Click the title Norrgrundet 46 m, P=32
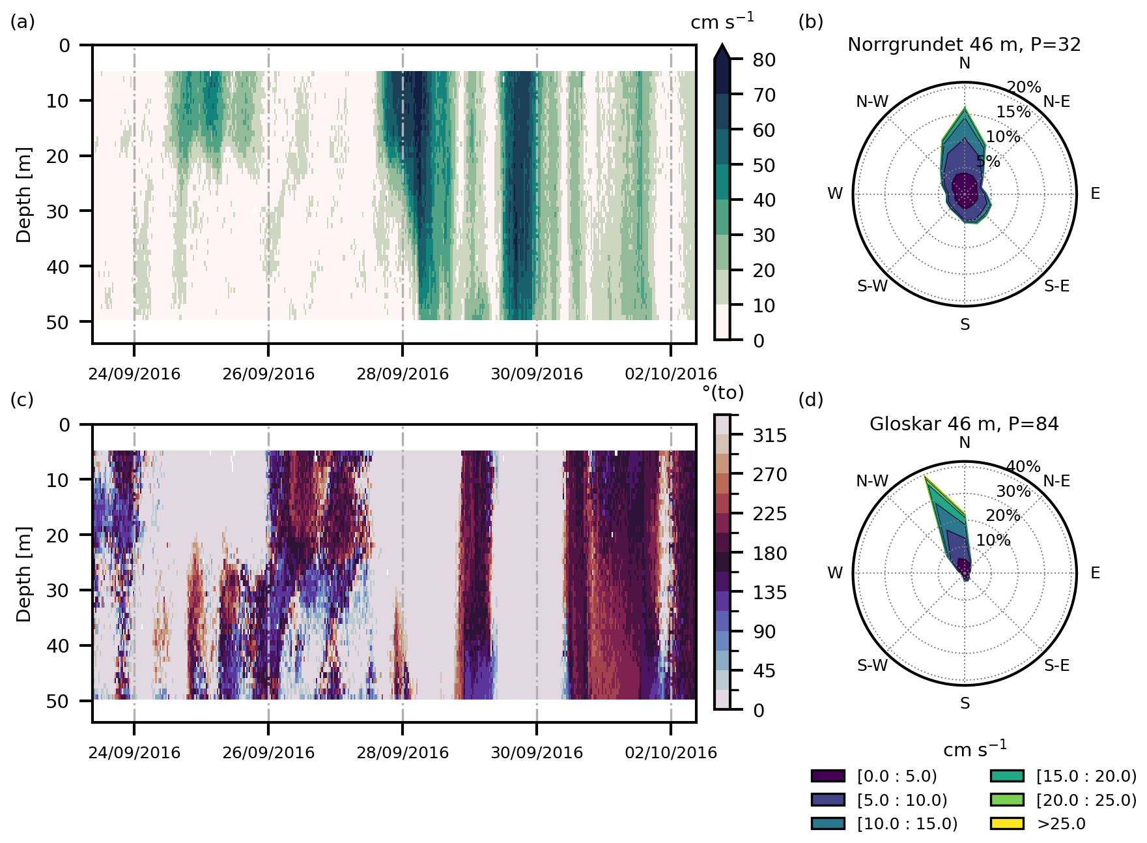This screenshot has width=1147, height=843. point(964,45)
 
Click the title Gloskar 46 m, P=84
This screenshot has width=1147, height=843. point(964,424)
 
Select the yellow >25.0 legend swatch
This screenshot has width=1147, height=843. point(1006,823)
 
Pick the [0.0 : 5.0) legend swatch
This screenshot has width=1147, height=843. point(828,776)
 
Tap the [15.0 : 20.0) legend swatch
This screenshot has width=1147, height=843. point(1006,776)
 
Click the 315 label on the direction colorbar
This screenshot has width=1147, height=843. point(770,436)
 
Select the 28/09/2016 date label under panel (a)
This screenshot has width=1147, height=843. point(403,374)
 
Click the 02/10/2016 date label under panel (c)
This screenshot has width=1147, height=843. point(671,753)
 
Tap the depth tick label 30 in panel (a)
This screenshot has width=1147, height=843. point(59,211)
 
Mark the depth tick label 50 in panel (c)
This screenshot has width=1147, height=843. point(59,701)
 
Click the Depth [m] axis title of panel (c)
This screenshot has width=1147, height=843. point(24,574)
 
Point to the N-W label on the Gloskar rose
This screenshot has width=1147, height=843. point(872,481)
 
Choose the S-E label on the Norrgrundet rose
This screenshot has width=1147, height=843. point(1056,286)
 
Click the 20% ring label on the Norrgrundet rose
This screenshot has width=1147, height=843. point(1024,87)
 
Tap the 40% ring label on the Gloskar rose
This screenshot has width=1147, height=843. point(1023,467)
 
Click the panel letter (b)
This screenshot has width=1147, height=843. point(811,22)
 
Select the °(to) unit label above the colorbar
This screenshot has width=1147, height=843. point(722,392)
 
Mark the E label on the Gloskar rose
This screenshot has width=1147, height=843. point(1096,573)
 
